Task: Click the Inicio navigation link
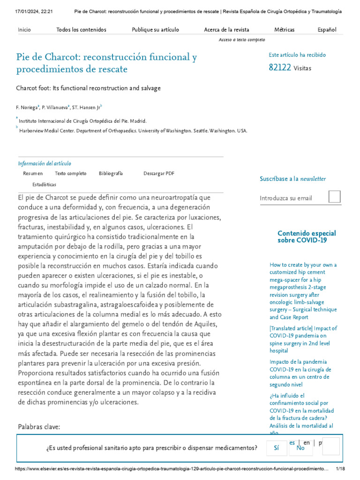pos(24,30)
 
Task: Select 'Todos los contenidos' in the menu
pos(81,30)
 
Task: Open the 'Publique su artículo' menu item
pos(155,30)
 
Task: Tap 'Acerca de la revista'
pos(226,30)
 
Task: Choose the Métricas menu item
pos(284,30)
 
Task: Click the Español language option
pos(327,30)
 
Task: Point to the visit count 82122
pos(280,67)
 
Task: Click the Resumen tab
pos(33,173)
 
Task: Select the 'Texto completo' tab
pos(70,173)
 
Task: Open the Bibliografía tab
pos(111,173)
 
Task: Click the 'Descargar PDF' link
pos(159,173)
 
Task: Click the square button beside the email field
pos(334,197)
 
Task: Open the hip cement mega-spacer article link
pos(303,291)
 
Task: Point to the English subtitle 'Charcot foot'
pos(88,88)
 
